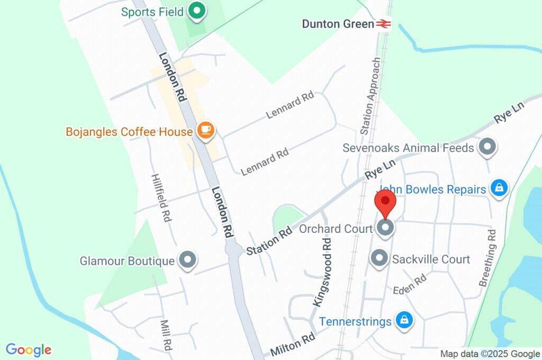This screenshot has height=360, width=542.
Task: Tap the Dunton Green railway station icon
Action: pyautogui.click(x=383, y=24)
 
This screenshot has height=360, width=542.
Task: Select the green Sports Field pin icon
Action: pyautogui.click(x=197, y=11)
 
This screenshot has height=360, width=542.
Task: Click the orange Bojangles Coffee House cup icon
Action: pyautogui.click(x=206, y=130)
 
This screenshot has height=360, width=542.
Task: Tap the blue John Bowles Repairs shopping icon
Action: pyautogui.click(x=499, y=188)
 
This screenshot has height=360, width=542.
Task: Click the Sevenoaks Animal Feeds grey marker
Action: pyautogui.click(x=486, y=147)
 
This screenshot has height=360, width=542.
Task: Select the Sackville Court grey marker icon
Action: pyautogui.click(x=379, y=258)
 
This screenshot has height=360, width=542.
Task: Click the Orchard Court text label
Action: pyautogui.click(x=336, y=229)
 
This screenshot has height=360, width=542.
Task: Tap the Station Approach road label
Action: pyautogui.click(x=371, y=95)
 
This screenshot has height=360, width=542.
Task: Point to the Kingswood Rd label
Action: pyautogui.click(x=323, y=271)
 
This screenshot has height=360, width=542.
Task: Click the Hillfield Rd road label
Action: pyautogui.click(x=162, y=197)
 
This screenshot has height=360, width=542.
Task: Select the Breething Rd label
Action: pyautogui.click(x=488, y=258)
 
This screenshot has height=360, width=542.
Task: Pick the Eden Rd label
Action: pyautogui.click(x=410, y=285)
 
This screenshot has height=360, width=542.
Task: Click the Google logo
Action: pyautogui.click(x=29, y=349)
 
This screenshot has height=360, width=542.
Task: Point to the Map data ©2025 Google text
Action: pyautogui.click(x=490, y=354)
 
